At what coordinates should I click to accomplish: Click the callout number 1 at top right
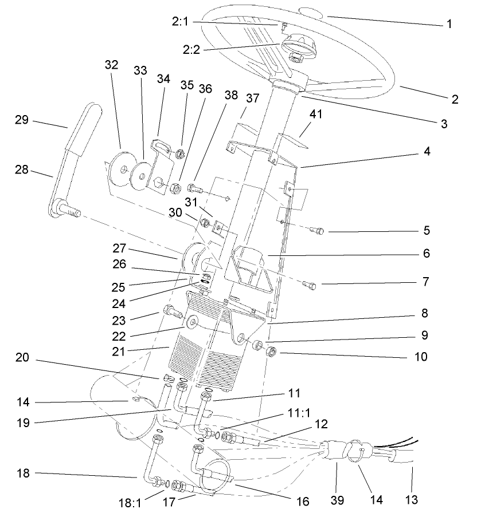coord(449,24)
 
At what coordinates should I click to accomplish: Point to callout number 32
coord(111,64)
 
